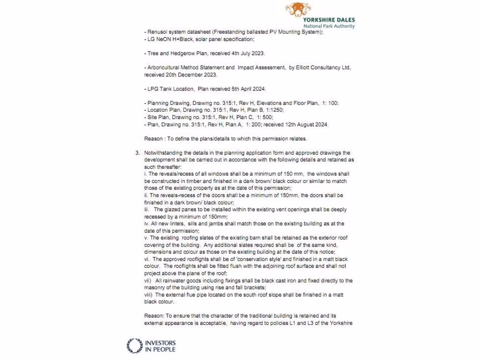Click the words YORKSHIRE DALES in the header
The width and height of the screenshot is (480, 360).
tap(329, 20)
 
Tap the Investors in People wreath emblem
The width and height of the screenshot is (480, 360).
tap(135, 346)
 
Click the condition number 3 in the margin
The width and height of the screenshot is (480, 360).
tap(137, 153)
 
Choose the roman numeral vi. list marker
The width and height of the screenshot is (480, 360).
tap(147, 259)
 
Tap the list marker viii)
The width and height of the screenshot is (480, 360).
tap(149, 294)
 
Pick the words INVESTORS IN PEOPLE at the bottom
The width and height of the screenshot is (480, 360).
tap(160, 346)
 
